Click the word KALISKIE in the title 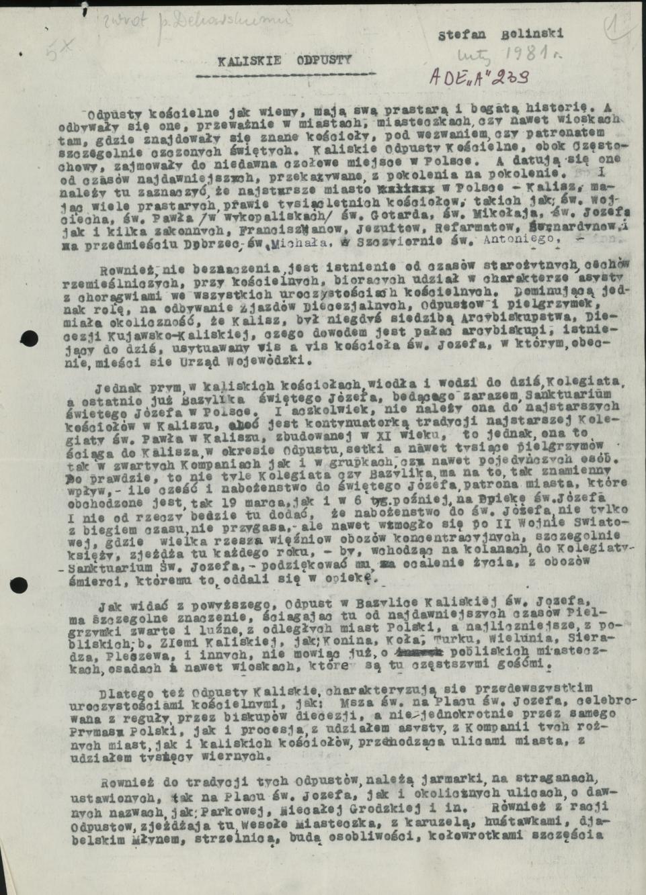coord(243,59)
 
